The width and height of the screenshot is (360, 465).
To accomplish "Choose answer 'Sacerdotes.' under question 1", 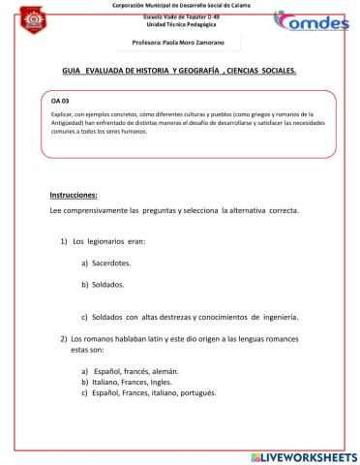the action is [113, 263].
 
